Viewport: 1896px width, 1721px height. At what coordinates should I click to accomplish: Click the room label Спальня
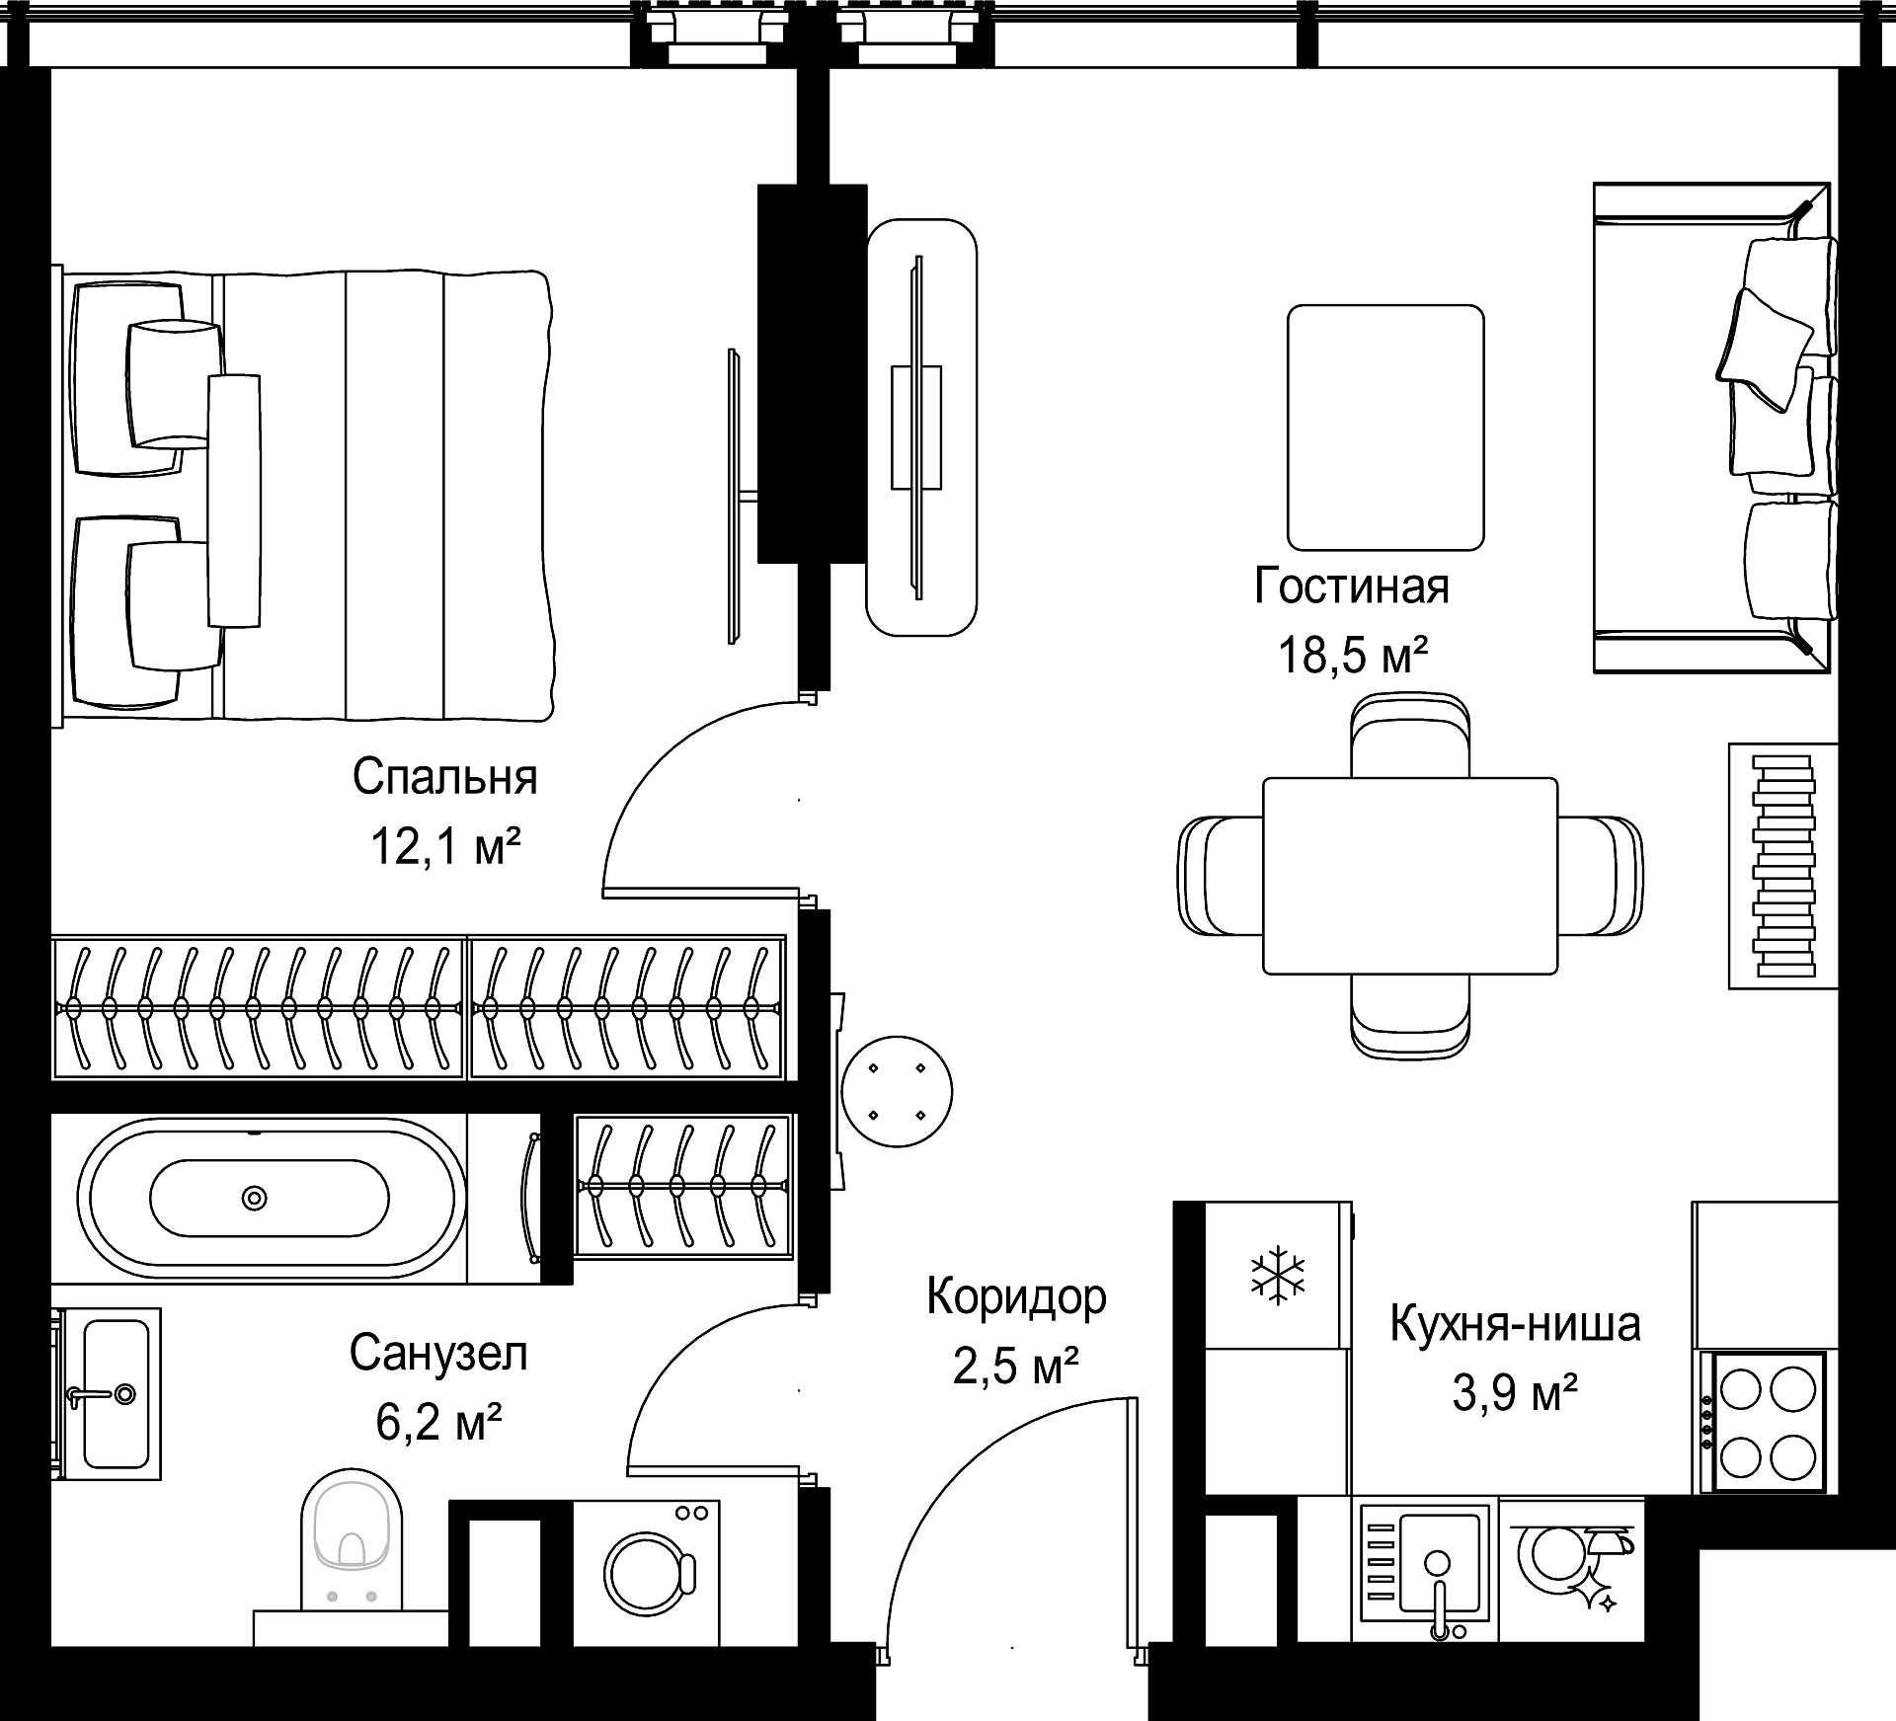coord(445,778)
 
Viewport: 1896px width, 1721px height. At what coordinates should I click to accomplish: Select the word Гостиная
coord(1352,587)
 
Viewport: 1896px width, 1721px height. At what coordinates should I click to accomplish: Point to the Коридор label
coord(1016,1298)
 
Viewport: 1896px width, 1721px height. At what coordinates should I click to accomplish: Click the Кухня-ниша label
coord(1516,1324)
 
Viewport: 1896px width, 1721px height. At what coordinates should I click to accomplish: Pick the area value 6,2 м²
coord(439,1423)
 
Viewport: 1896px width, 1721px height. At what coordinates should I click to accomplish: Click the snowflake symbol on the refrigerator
coord(1278,1275)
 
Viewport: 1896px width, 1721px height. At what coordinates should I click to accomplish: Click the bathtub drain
coord(255,1198)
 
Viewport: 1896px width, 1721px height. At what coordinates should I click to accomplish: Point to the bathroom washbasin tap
coord(99,1394)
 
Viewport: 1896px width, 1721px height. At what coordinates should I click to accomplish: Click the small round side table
coord(897,1091)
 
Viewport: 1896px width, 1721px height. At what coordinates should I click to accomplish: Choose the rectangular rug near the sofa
coord(1385,428)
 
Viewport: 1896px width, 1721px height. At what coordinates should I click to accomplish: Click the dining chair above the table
coord(1410,735)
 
